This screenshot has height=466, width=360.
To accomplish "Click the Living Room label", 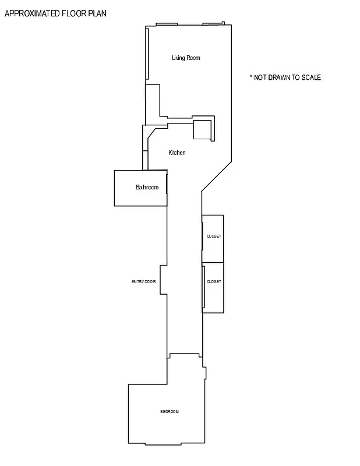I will pos(186,58).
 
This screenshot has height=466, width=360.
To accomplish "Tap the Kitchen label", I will pos(177,153).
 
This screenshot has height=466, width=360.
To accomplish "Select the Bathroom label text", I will pos(147,188).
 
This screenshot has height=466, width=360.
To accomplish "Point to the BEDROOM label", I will pos(170,412).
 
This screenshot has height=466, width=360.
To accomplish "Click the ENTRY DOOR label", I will pos(144,282).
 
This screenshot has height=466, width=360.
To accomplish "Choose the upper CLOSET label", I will pos(214,236).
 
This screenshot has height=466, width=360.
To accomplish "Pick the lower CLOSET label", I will pos(214,282).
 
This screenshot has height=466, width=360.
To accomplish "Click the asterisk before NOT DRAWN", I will pos(250,77).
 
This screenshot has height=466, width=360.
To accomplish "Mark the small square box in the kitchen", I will pos(202,130).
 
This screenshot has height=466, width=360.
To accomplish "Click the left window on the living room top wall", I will pos(167,24).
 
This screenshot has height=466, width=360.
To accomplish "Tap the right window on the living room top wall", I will pos(213,24).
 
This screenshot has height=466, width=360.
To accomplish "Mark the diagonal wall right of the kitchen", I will pos(217,175).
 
